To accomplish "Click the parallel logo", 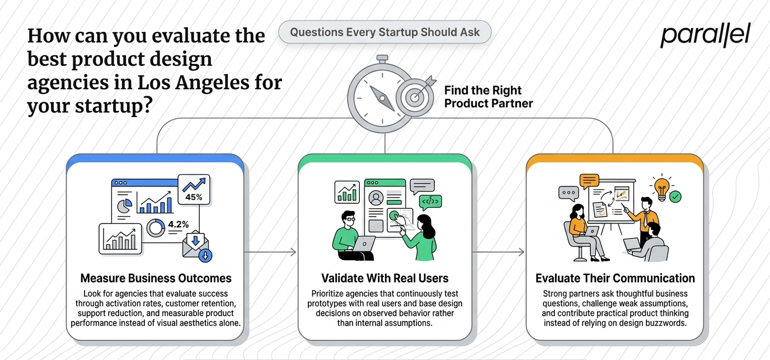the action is (706, 35).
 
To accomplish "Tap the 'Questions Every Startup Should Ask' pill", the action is (384, 32).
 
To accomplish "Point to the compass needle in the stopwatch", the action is (382, 99).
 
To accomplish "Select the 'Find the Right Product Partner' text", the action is (488, 97).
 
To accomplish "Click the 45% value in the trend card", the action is (194, 197).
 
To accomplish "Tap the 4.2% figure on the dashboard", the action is (179, 225).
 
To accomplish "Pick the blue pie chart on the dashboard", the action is (124, 205).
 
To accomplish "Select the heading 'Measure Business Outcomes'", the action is (156, 278).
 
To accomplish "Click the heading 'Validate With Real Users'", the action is (384, 278).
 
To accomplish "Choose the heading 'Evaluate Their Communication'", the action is (615, 278).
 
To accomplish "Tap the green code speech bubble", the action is (430, 202).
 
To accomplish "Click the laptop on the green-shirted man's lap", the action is (364, 244).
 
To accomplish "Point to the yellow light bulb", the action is (661, 189).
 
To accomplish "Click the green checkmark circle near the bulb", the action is (675, 197).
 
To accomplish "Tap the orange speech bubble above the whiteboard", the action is (589, 181).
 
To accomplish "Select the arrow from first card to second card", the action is (270, 252).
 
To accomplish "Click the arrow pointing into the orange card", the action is (499, 252).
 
